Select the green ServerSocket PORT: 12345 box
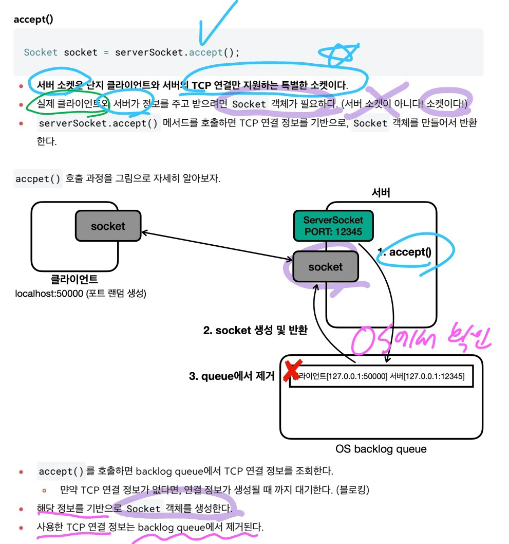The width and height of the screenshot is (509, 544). (333, 226)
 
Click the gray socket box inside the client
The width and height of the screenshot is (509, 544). (108, 226)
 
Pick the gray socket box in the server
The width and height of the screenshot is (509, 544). (325, 267)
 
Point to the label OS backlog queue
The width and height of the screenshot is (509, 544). (381, 449)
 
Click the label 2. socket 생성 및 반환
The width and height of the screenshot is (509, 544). (255, 331)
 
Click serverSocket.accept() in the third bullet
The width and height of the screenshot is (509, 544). (99, 123)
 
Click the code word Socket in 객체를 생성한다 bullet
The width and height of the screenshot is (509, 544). (144, 509)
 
